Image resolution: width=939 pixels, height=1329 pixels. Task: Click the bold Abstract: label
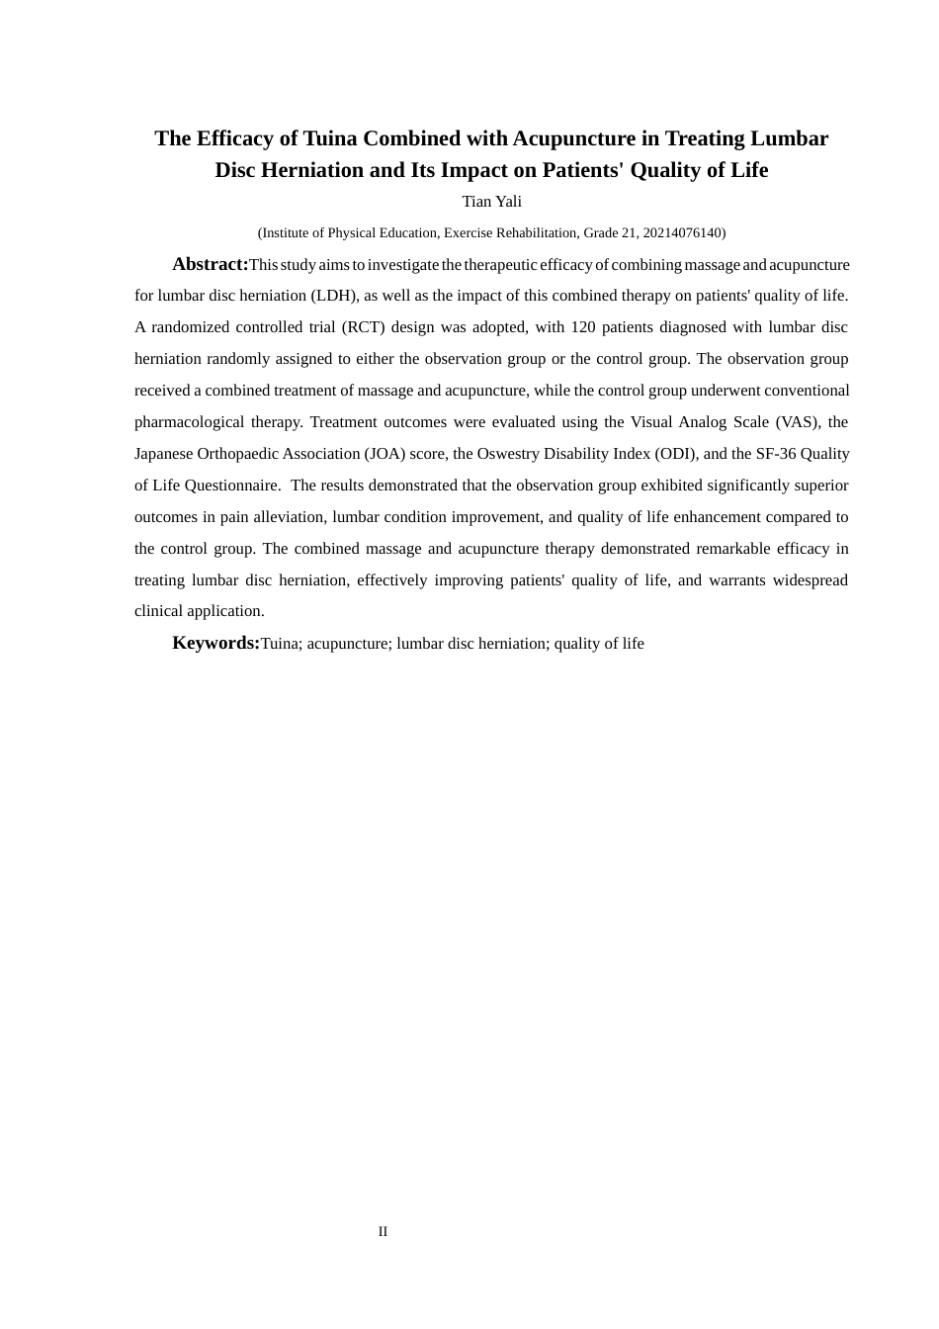coord(210,264)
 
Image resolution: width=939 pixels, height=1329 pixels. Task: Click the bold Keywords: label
coord(215,643)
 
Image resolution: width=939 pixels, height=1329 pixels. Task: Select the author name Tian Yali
coord(491,202)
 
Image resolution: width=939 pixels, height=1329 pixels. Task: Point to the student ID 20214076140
coord(683,233)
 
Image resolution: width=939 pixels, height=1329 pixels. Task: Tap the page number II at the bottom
coord(383,1231)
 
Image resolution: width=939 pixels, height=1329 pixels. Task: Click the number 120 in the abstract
coord(583,327)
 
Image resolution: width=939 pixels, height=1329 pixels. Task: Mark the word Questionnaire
coord(228,486)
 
